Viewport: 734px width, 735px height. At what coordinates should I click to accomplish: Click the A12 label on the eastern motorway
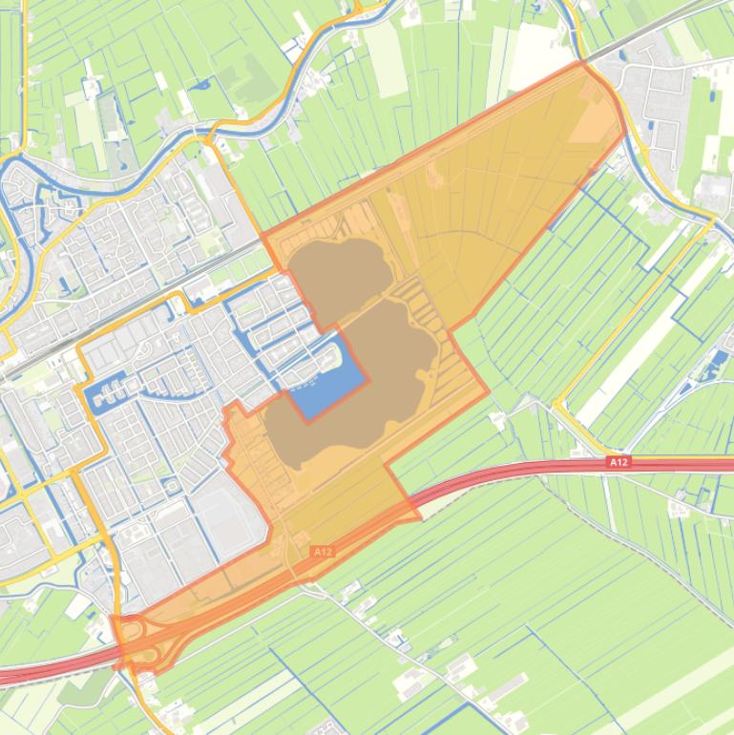click(619, 463)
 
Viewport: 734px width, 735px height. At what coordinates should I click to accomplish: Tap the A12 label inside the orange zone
click(323, 552)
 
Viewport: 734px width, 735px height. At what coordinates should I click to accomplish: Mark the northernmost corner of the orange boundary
click(581, 63)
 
